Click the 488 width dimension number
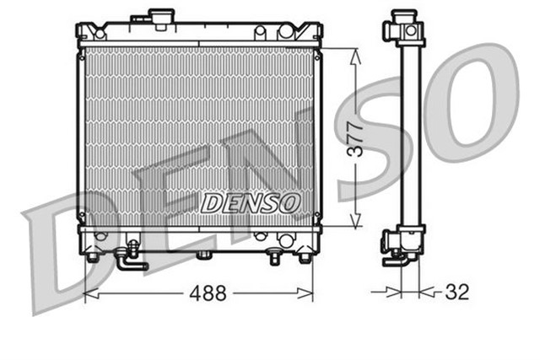pos(208,294)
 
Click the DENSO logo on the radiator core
pos(251,202)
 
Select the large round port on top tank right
pos(286,30)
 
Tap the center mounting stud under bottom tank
pos(202,255)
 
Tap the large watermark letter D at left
pos(80,253)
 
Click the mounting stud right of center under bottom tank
pos(274,255)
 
